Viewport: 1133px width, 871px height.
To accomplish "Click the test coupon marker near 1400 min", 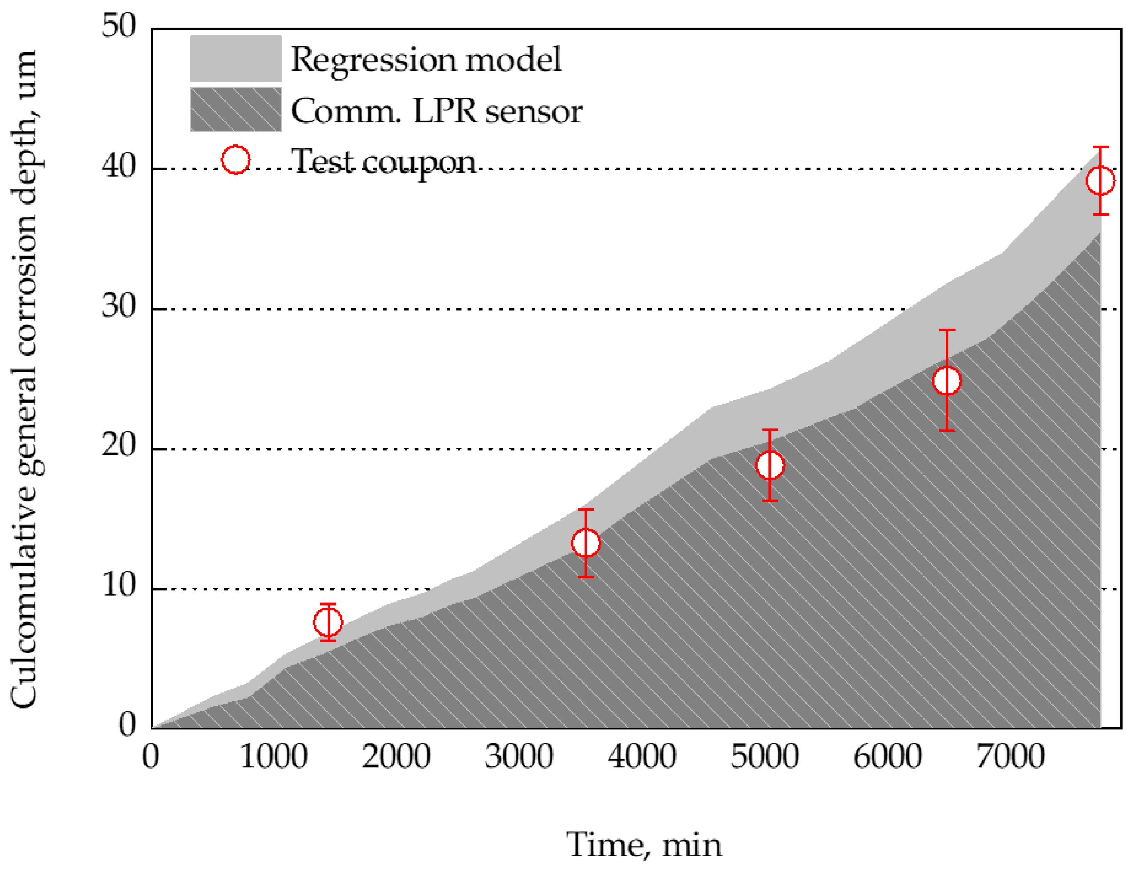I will coord(328,622).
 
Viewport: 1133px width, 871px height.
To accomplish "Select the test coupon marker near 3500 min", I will coord(585,543).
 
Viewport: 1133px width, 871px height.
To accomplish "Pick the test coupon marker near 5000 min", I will coord(770,465).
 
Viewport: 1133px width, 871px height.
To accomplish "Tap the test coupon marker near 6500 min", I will coord(947,380).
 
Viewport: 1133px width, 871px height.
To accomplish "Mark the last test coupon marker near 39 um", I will coord(1100,180).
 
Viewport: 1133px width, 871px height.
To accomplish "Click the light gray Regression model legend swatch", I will coord(236,59).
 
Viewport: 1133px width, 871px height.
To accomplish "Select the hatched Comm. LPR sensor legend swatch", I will coord(236,109).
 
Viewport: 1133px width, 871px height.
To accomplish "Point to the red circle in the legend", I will coord(236,160).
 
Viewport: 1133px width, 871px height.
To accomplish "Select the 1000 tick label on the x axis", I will coord(273,756).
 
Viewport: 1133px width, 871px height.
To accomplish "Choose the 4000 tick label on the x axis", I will coord(641,756).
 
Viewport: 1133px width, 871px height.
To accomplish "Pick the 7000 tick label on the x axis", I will coord(1010,756).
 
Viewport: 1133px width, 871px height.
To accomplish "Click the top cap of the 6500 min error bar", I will coord(947,330).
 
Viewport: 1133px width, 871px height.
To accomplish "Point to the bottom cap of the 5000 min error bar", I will coord(770,500).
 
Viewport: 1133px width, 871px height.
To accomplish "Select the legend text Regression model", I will coord(425,59).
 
